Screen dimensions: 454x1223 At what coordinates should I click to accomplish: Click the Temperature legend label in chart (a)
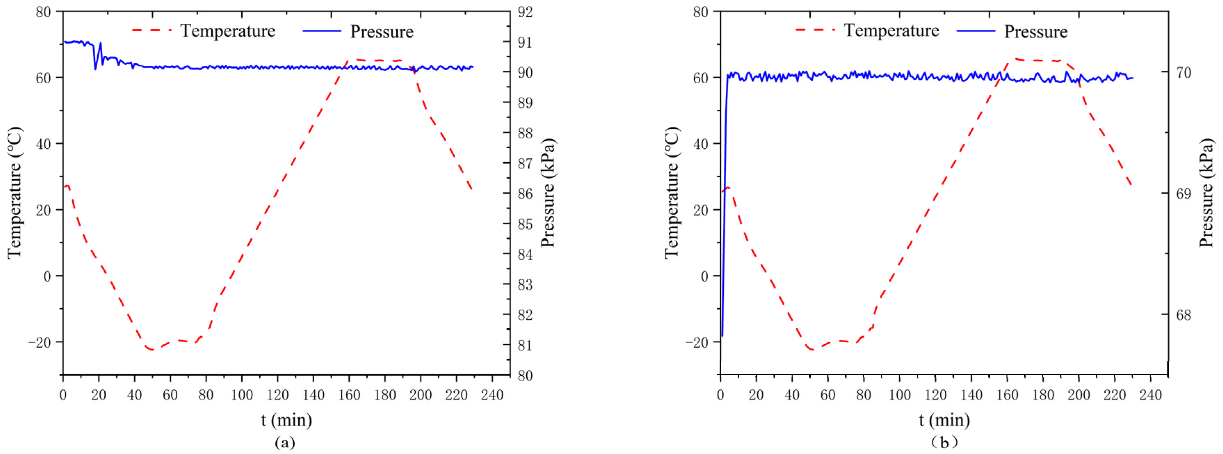(228, 31)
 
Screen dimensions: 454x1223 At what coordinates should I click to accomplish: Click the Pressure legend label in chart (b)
(1036, 32)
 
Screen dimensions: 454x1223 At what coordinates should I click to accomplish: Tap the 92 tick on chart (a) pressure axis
(525, 12)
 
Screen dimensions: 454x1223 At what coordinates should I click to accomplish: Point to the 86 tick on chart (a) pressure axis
(525, 194)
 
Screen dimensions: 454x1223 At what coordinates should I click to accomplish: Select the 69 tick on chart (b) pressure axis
(1183, 194)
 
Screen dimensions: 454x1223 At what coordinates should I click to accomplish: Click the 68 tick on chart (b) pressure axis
(1183, 315)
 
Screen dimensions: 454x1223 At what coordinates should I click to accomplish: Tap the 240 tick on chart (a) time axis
(492, 395)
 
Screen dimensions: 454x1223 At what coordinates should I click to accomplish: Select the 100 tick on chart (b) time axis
(899, 395)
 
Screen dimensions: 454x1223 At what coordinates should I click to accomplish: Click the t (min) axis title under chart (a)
(286, 420)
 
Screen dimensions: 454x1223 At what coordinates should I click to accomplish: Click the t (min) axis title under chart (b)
(944, 420)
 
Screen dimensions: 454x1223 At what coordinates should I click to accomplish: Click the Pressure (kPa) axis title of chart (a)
(548, 193)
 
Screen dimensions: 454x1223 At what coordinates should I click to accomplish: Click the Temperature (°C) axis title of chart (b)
(671, 193)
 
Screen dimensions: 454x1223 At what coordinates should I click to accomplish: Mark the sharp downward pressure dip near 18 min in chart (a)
(95, 69)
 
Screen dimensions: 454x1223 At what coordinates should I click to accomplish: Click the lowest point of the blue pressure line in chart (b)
(722, 336)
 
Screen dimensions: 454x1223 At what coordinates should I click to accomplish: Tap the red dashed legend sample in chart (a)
(152, 30)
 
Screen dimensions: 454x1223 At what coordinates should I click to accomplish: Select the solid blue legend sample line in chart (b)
(975, 31)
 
